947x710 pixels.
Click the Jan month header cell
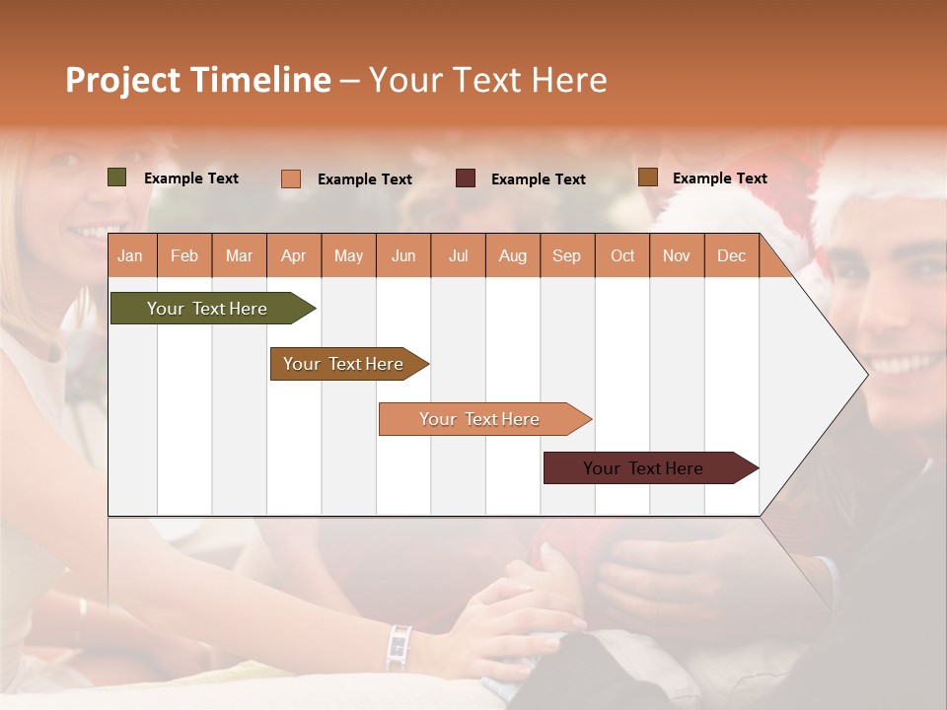pos(131,255)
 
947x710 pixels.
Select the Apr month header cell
pos(294,255)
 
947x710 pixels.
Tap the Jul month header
pos(458,255)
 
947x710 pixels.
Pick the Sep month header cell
pos(567,255)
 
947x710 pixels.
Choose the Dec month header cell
pos(731,255)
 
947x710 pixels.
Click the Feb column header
pos(184,255)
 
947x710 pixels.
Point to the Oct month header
pos(622,255)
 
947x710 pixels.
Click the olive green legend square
pos(117,177)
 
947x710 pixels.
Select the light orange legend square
pos(291,178)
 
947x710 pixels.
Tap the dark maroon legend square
pos(466,178)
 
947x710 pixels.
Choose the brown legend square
pos(648,177)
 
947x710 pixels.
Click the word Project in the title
pos(121,80)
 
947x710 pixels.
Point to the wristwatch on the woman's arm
pos(399,647)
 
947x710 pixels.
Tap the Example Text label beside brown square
pos(719,177)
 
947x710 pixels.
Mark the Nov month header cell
pos(677,255)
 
